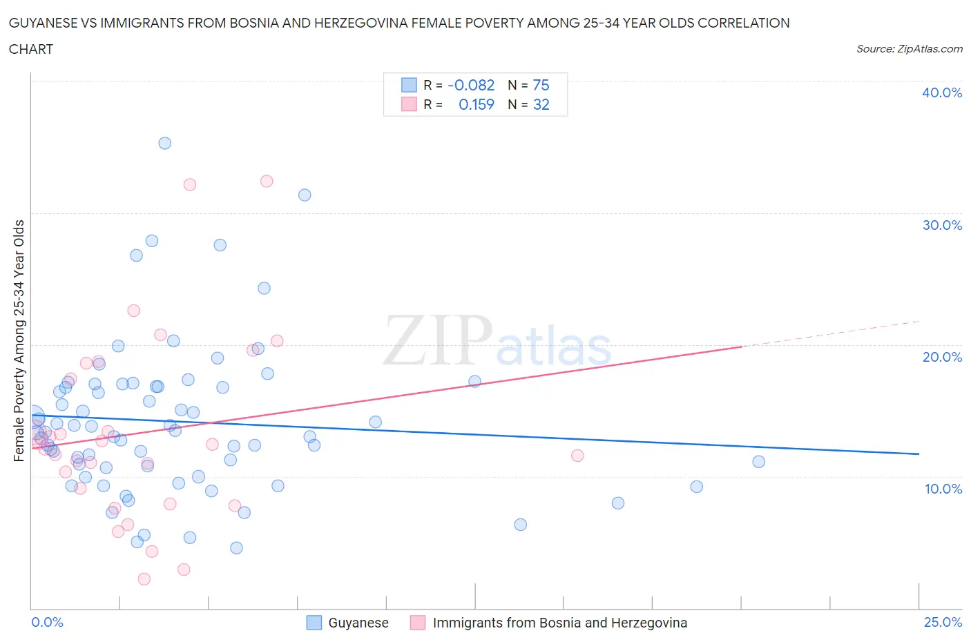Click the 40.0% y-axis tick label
[942, 93]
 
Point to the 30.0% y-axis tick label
[942, 225]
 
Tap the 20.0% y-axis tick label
[942, 357]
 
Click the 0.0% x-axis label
[48, 622]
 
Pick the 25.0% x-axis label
[943, 622]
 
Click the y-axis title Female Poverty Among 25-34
[19, 340]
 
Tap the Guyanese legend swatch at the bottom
[314, 623]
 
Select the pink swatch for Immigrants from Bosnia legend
[418, 623]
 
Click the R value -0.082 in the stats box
[471, 85]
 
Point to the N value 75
[541, 85]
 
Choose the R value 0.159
[477, 104]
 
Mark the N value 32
[541, 104]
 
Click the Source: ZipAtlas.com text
[910, 48]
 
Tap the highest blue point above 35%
[164, 144]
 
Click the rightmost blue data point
[758, 462]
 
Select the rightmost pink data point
[577, 456]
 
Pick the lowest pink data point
[144, 579]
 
